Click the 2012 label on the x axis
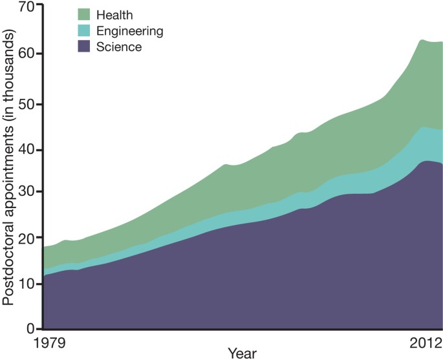[x=425, y=342]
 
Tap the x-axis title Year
[x=242, y=354]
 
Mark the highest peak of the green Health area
[x=421, y=41]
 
